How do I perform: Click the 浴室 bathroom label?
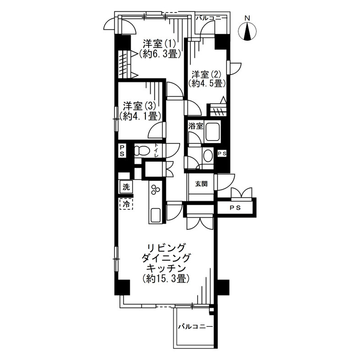pos(196,126)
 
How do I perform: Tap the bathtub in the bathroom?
pos(213,132)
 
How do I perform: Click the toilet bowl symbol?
pos(141,151)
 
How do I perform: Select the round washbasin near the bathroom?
pos(209,156)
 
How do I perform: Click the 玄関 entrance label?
pos(201,184)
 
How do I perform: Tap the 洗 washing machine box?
pos(126,187)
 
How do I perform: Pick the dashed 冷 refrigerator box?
pos(126,204)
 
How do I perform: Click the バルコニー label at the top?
pos(211,18)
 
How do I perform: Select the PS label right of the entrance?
pos(235,208)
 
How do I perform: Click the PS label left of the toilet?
pos(122,150)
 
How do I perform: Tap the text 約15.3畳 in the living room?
pos(166,279)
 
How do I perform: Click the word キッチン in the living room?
pos(166,268)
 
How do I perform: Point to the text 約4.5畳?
pos(206,84)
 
